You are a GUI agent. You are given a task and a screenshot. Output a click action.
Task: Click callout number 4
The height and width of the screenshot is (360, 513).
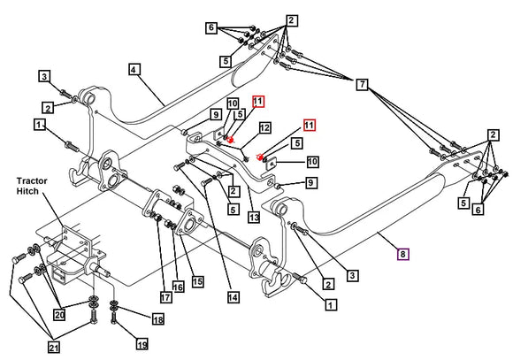(134, 69)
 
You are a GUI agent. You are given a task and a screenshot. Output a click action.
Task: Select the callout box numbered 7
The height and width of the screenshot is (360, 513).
(362, 84)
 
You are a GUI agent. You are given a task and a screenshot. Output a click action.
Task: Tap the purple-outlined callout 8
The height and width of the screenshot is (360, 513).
(402, 254)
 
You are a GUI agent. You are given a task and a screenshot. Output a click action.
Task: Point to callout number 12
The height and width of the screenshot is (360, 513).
(264, 127)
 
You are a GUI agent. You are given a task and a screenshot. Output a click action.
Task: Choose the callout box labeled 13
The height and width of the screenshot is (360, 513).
(254, 217)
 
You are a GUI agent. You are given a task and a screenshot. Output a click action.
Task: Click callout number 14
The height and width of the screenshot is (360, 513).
(233, 297)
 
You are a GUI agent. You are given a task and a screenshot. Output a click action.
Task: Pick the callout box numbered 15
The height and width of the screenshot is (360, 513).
(197, 281)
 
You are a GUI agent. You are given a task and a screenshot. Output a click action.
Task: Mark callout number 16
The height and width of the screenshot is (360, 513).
(178, 287)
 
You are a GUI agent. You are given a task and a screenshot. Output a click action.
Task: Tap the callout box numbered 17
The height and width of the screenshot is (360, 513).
(165, 297)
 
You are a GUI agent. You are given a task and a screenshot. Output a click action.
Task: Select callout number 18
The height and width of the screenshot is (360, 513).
(158, 319)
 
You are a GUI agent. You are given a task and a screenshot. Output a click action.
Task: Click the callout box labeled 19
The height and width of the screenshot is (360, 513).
(142, 343)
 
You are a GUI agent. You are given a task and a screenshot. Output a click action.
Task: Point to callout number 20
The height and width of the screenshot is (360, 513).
(59, 315)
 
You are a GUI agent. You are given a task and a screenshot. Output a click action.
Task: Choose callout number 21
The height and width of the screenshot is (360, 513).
(54, 347)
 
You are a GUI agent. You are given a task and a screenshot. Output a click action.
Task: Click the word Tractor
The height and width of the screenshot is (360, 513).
(32, 181)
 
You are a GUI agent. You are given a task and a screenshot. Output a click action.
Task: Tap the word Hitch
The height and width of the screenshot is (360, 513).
(27, 191)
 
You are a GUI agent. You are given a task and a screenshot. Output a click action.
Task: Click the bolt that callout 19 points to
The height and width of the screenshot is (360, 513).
(114, 318)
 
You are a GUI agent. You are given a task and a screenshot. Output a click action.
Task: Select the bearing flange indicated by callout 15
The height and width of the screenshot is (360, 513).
(191, 222)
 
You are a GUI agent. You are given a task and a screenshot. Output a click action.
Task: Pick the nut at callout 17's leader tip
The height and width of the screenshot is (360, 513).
(157, 217)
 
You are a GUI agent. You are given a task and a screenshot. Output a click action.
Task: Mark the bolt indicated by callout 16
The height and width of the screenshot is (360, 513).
(170, 225)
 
